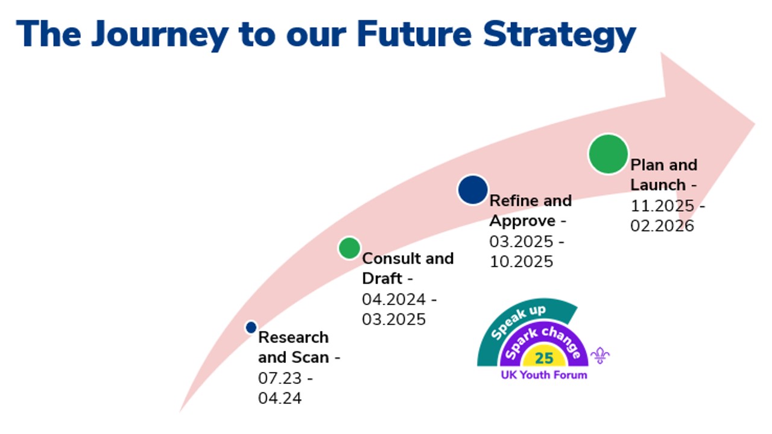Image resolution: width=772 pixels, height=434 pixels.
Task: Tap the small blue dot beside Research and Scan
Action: (252, 327)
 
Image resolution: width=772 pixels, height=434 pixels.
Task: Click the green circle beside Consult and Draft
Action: (349, 248)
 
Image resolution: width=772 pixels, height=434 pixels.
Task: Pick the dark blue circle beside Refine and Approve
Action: (473, 190)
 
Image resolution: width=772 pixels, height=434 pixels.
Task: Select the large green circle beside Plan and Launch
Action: (608, 154)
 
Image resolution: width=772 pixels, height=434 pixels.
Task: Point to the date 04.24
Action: (280, 398)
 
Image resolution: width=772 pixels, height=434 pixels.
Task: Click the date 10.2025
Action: (521, 262)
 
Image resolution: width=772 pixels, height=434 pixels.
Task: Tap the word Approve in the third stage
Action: (522, 220)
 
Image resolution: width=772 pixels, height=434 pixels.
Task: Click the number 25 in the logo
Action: (543, 358)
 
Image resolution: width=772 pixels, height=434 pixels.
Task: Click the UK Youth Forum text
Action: (543, 375)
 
